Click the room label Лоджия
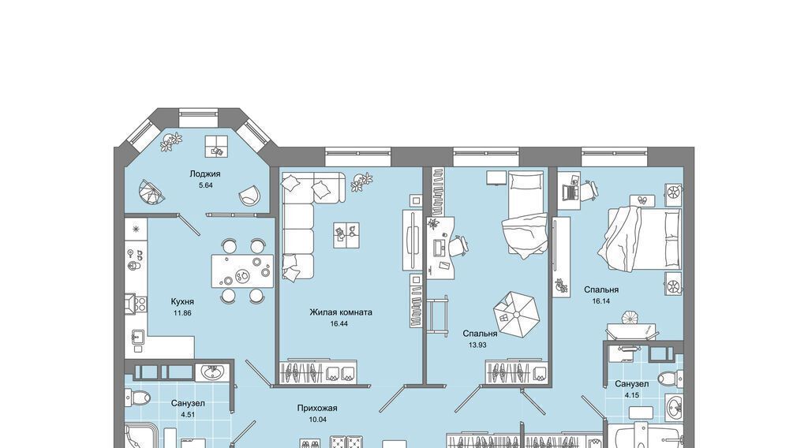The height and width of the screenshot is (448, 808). click(x=205, y=174)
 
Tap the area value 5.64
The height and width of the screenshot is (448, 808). click(x=206, y=185)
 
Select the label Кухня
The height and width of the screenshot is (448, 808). click(x=182, y=301)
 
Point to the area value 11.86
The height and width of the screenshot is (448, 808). click(x=182, y=312)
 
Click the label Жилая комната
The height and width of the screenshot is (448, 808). click(x=341, y=312)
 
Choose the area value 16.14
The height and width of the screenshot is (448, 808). click(x=600, y=301)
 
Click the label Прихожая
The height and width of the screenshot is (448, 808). click(x=317, y=409)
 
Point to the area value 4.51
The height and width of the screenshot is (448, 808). click(x=189, y=414)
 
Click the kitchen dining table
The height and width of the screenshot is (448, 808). click(x=243, y=271)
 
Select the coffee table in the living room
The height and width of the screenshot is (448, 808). click(x=346, y=235)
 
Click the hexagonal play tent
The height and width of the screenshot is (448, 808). click(x=516, y=315)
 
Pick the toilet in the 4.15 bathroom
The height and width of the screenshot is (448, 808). click(x=671, y=379)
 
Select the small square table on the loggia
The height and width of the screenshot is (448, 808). click(x=216, y=146)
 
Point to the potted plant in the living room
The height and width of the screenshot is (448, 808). click(x=361, y=182)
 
